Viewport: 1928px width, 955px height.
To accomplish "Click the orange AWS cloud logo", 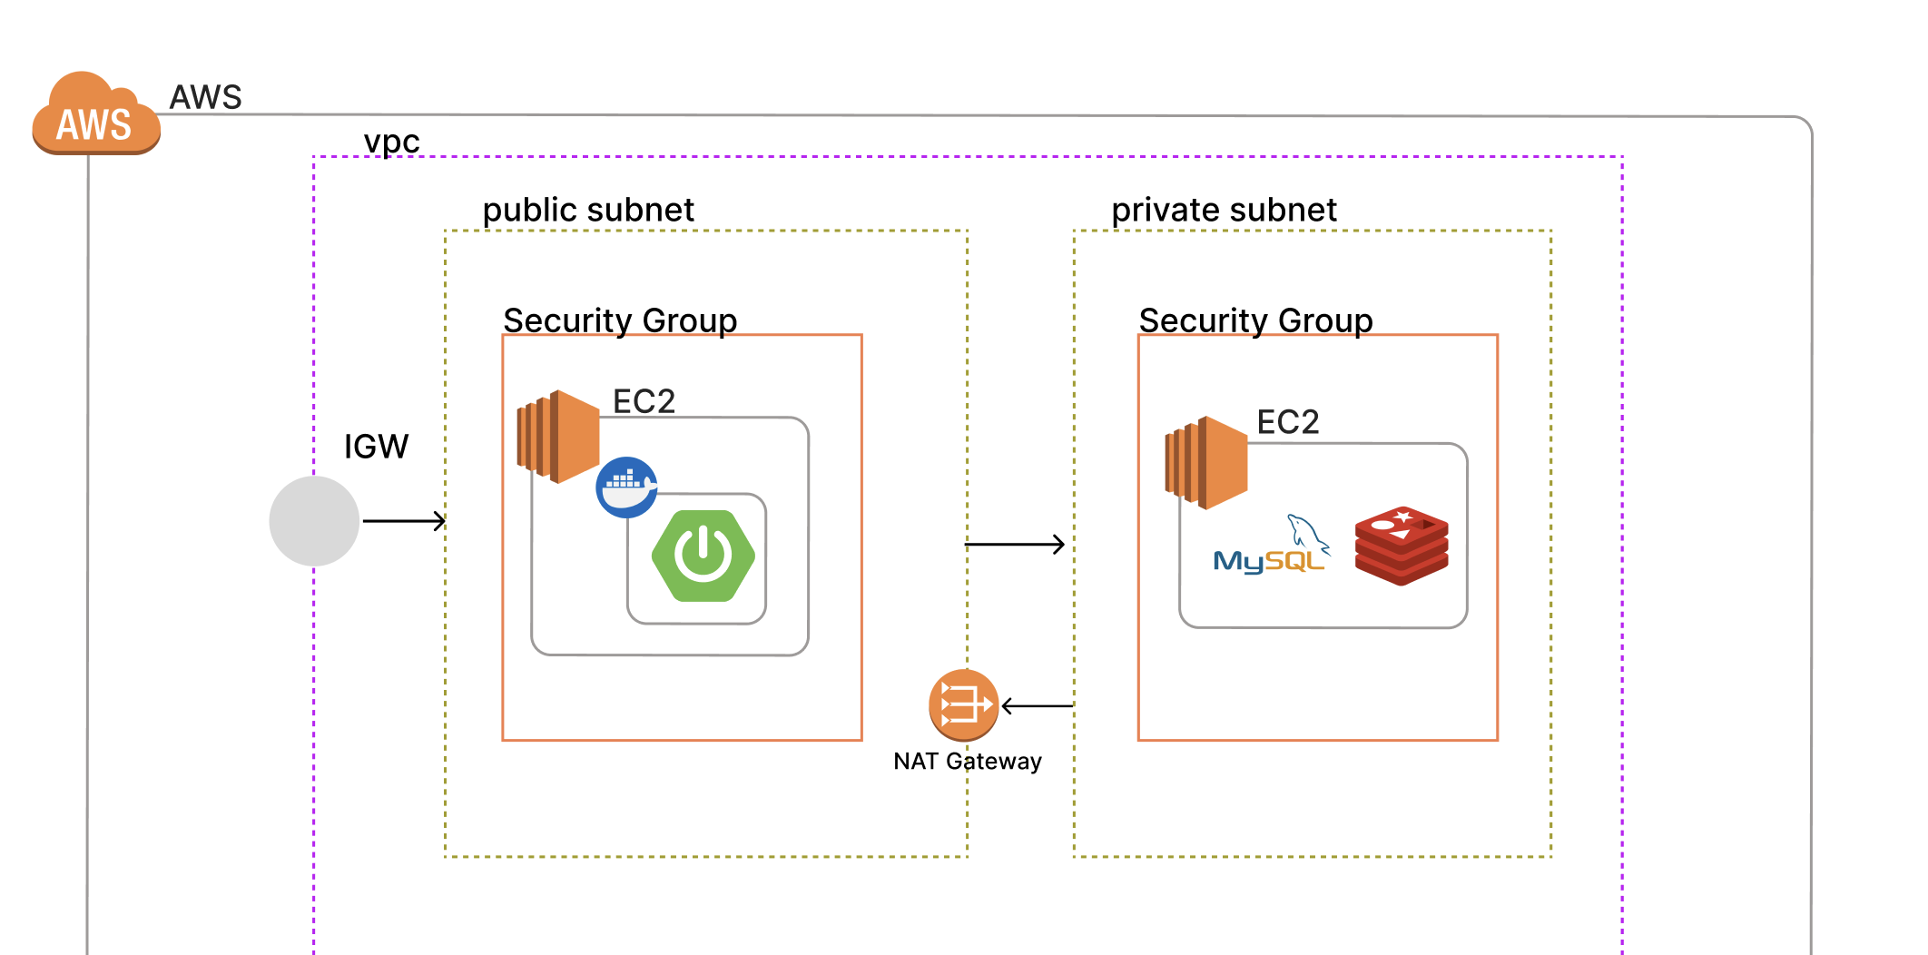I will (95, 115).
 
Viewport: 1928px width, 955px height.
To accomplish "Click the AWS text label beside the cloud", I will (206, 97).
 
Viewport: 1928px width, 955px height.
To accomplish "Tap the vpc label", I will (391, 142).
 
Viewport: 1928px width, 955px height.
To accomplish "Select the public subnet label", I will (588, 211).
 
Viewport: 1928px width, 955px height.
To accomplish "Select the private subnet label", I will (1224, 211).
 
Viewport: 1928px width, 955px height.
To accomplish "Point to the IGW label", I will (376, 447).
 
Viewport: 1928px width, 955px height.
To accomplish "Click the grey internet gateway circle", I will (314, 521).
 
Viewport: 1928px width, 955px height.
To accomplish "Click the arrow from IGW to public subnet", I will (404, 521).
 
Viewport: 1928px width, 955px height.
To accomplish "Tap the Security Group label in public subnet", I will (620, 320).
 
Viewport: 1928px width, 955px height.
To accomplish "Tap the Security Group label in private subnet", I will (1255, 320).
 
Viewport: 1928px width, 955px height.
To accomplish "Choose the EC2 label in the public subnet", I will (644, 401).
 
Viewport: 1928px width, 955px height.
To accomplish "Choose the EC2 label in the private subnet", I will (1287, 422).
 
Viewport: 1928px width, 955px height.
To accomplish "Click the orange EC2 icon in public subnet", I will (558, 437).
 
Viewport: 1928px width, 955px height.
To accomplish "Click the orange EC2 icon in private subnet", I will (1206, 463).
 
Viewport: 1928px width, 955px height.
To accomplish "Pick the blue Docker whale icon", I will (626, 487).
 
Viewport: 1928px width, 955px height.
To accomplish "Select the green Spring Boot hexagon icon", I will (703, 556).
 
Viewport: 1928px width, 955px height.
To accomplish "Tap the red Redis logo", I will (1402, 546).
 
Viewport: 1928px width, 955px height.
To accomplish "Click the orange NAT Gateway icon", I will (963, 705).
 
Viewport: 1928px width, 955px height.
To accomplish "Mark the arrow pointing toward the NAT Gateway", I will (1038, 705).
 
